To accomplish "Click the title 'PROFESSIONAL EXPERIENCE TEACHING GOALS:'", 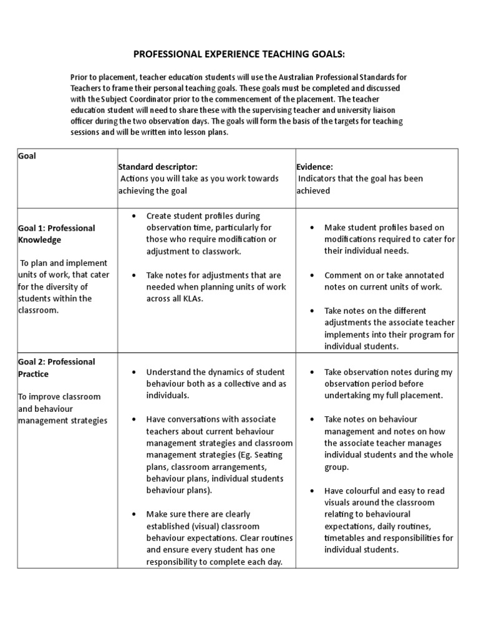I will tap(239, 55).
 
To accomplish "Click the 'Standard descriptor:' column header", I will tap(158, 167).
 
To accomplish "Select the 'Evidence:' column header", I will tap(316, 167).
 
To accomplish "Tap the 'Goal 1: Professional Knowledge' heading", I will tap(56, 233).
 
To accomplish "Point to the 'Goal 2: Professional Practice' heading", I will tap(56, 368).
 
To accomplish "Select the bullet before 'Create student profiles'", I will tap(134, 216).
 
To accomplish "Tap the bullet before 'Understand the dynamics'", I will tap(134, 372).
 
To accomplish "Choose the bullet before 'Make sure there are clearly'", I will tap(134, 514).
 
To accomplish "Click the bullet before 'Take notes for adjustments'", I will tap(134, 275).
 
